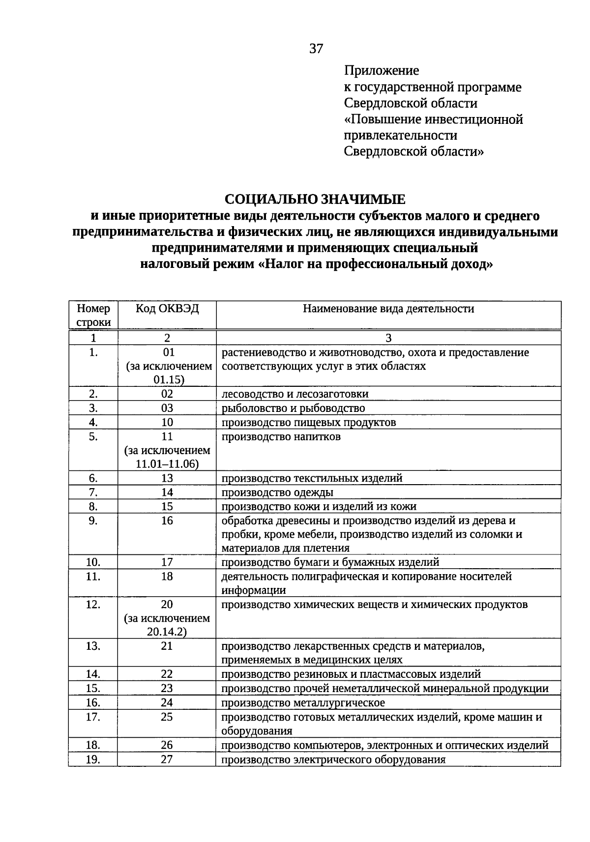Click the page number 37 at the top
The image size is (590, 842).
[316, 49]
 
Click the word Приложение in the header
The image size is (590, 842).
[381, 71]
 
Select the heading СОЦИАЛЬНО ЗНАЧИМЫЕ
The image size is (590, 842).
[315, 199]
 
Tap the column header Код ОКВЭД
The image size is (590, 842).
[167, 309]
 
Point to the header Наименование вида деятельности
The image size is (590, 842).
[388, 309]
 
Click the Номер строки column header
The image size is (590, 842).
[93, 315]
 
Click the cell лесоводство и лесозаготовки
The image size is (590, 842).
[295, 394]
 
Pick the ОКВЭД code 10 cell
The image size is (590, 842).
[167, 422]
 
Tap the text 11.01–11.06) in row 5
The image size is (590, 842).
[167, 464]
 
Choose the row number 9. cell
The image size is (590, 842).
[93, 521]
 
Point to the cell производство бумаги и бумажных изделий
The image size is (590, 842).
[330, 562]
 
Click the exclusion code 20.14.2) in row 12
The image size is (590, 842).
[167, 632]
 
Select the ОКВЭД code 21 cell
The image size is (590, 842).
[167, 646]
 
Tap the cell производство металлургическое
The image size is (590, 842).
[303, 702]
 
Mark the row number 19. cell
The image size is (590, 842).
[93, 759]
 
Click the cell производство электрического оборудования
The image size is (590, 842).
[333, 759]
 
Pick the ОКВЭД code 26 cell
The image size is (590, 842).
[167, 745]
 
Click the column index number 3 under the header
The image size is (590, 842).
[388, 338]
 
